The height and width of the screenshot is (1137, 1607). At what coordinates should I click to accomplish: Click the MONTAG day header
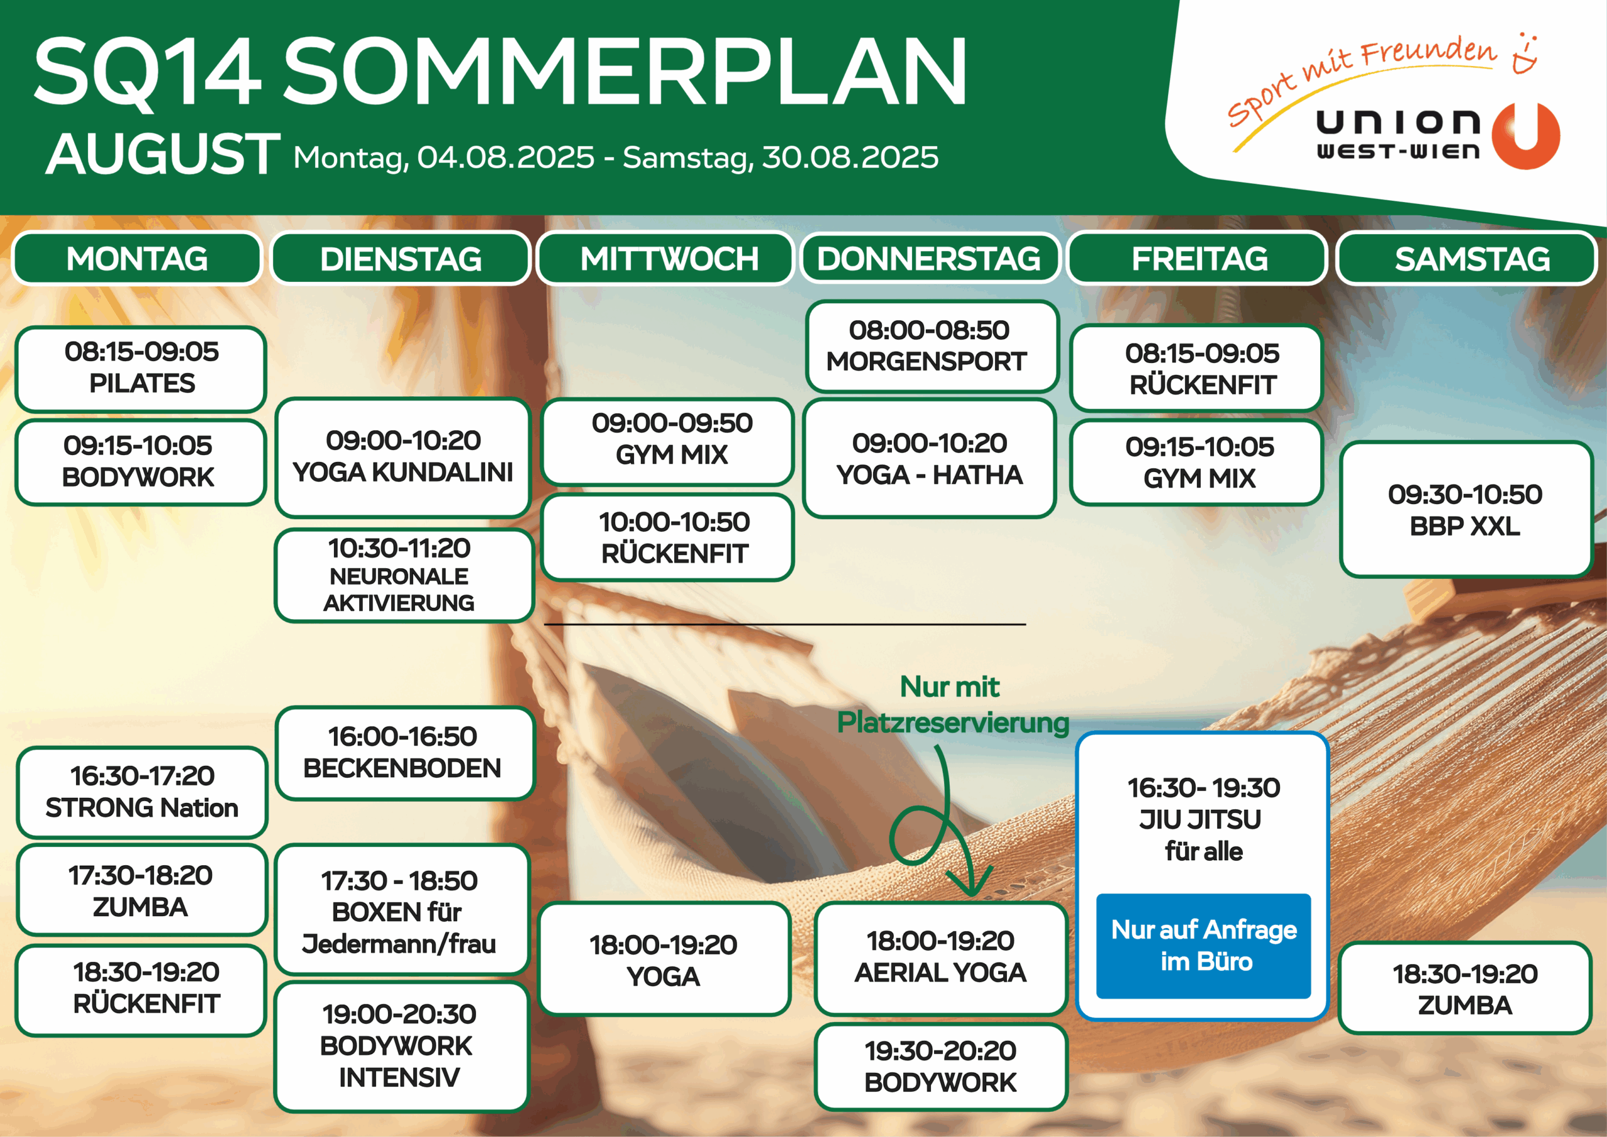coord(137,258)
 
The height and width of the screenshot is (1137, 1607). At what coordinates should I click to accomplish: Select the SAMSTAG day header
coord(1467,258)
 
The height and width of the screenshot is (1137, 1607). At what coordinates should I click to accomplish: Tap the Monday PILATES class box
coord(141,369)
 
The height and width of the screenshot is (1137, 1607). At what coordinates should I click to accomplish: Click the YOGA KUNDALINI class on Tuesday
coord(402,457)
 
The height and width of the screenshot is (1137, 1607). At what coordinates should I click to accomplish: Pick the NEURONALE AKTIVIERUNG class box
coord(403,576)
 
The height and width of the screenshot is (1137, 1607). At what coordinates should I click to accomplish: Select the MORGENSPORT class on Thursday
coord(931,346)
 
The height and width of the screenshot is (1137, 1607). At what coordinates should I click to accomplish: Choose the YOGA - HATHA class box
coord(930,458)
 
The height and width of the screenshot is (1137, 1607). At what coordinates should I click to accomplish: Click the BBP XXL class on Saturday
coord(1466,510)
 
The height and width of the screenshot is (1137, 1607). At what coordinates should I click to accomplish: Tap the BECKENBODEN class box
coord(404,753)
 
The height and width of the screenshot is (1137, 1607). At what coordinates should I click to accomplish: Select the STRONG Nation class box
coord(142,792)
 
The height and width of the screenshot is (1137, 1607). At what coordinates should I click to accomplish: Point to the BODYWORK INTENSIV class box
coord(401,1047)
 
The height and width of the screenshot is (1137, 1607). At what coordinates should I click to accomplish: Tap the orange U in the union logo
coord(1526,136)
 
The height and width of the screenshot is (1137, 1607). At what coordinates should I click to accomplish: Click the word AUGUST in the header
coord(163,154)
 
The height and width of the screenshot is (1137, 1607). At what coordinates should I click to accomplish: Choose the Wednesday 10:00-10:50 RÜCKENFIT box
coord(668,537)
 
